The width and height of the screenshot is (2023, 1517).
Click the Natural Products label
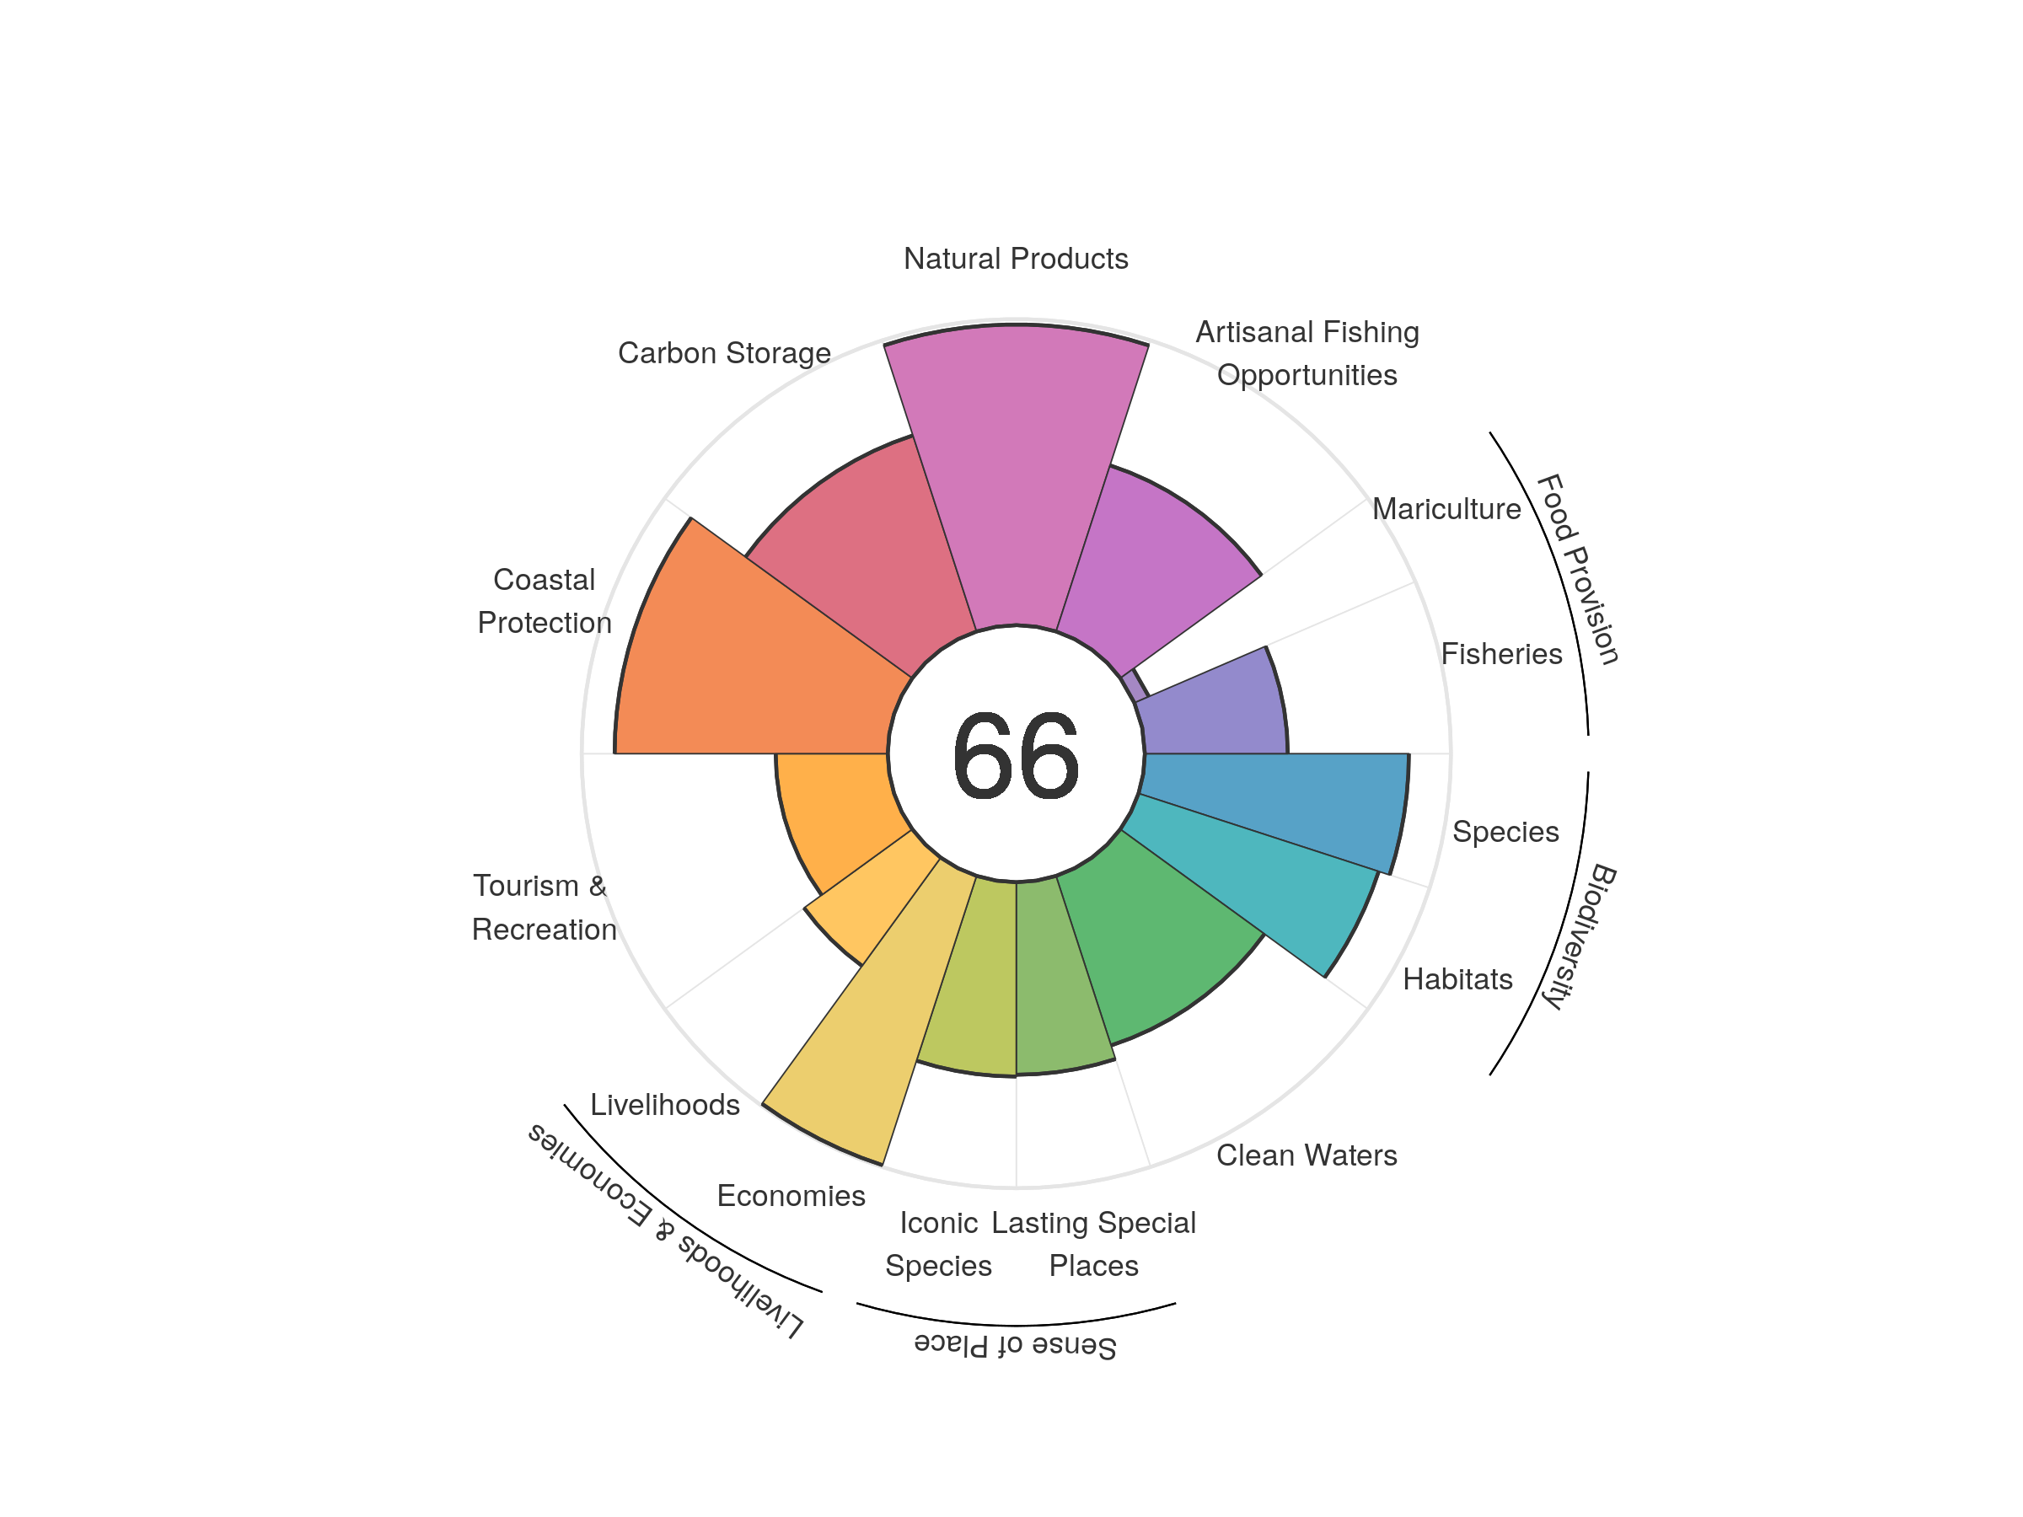1015,259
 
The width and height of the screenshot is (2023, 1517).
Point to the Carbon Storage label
724,353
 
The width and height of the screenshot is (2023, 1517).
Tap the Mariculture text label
1446,508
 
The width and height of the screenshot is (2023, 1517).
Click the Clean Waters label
1306,1155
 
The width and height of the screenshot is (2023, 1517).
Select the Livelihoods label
665,1105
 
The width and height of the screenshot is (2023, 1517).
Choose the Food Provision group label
1577,568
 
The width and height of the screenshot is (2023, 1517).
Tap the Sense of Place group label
1015,1345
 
